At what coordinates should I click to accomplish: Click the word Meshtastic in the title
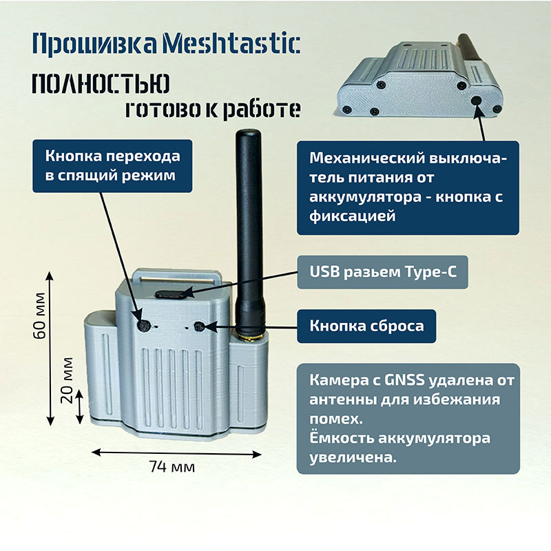click(231, 44)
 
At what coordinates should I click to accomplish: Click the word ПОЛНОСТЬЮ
click(101, 83)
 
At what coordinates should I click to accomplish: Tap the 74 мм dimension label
click(171, 467)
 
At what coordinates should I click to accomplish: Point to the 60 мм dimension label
click(40, 315)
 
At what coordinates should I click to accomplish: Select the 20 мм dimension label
click(67, 380)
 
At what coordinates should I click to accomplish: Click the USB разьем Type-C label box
click(383, 272)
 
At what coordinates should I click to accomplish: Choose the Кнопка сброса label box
click(366, 326)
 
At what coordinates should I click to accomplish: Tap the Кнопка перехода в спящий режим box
click(112, 166)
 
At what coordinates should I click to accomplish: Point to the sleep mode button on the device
click(144, 326)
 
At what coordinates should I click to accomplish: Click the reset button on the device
click(199, 326)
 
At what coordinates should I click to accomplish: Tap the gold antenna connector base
click(250, 338)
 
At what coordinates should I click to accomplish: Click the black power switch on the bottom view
click(476, 100)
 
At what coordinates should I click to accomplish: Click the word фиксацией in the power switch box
click(352, 216)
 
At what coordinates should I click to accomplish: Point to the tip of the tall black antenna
click(249, 130)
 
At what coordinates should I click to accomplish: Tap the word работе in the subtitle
click(262, 110)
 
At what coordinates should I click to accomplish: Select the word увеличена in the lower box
click(353, 458)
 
